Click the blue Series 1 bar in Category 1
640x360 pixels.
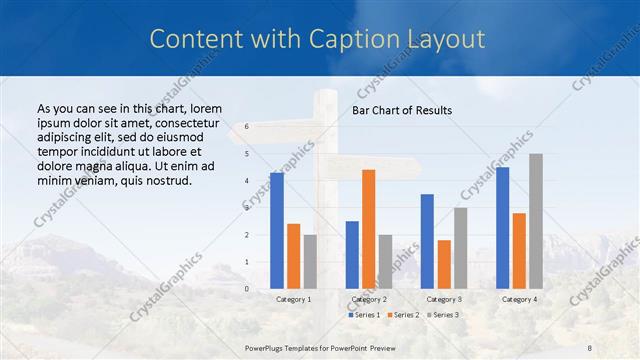click(276, 231)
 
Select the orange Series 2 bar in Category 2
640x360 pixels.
click(368, 229)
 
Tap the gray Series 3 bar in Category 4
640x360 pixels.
click(536, 221)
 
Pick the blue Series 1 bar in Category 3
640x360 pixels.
click(427, 241)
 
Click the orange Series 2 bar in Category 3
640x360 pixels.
click(444, 264)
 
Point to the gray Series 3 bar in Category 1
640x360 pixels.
click(310, 262)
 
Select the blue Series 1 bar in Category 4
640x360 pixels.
click(502, 228)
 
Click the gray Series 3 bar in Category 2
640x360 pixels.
click(385, 262)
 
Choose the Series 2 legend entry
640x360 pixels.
click(404, 315)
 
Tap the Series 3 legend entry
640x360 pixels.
click(444, 315)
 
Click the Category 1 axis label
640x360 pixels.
click(293, 299)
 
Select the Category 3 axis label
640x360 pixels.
click(444, 299)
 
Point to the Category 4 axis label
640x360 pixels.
click(519, 299)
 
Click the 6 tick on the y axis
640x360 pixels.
click(246, 126)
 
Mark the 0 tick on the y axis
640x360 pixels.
click(246, 289)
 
